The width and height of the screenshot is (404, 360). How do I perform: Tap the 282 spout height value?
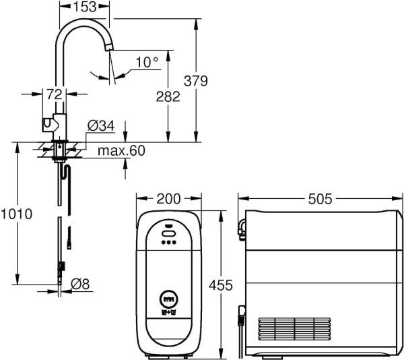168,96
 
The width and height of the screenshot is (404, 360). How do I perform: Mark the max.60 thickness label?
121,150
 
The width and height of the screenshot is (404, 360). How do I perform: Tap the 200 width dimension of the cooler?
168,199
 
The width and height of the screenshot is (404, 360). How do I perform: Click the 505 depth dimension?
320,199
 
